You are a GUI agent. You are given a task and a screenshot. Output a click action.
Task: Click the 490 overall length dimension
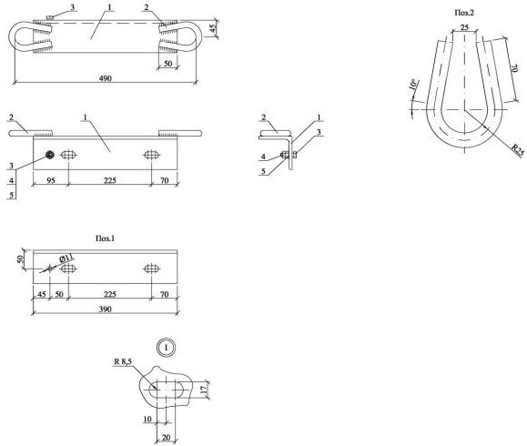click(x=106, y=78)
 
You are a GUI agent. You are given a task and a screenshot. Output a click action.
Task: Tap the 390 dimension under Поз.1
click(x=106, y=309)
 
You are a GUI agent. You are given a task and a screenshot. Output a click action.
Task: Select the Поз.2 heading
click(x=464, y=13)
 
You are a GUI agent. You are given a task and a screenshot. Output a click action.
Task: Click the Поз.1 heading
click(x=105, y=238)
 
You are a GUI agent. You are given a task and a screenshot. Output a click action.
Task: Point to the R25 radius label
click(x=518, y=150)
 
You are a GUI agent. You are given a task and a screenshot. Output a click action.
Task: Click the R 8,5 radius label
click(x=123, y=361)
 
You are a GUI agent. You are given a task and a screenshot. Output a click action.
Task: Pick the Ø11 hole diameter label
click(x=66, y=258)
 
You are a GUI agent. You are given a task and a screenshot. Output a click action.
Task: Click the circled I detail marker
click(x=166, y=347)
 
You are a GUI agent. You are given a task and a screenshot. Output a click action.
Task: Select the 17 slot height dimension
click(x=204, y=390)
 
